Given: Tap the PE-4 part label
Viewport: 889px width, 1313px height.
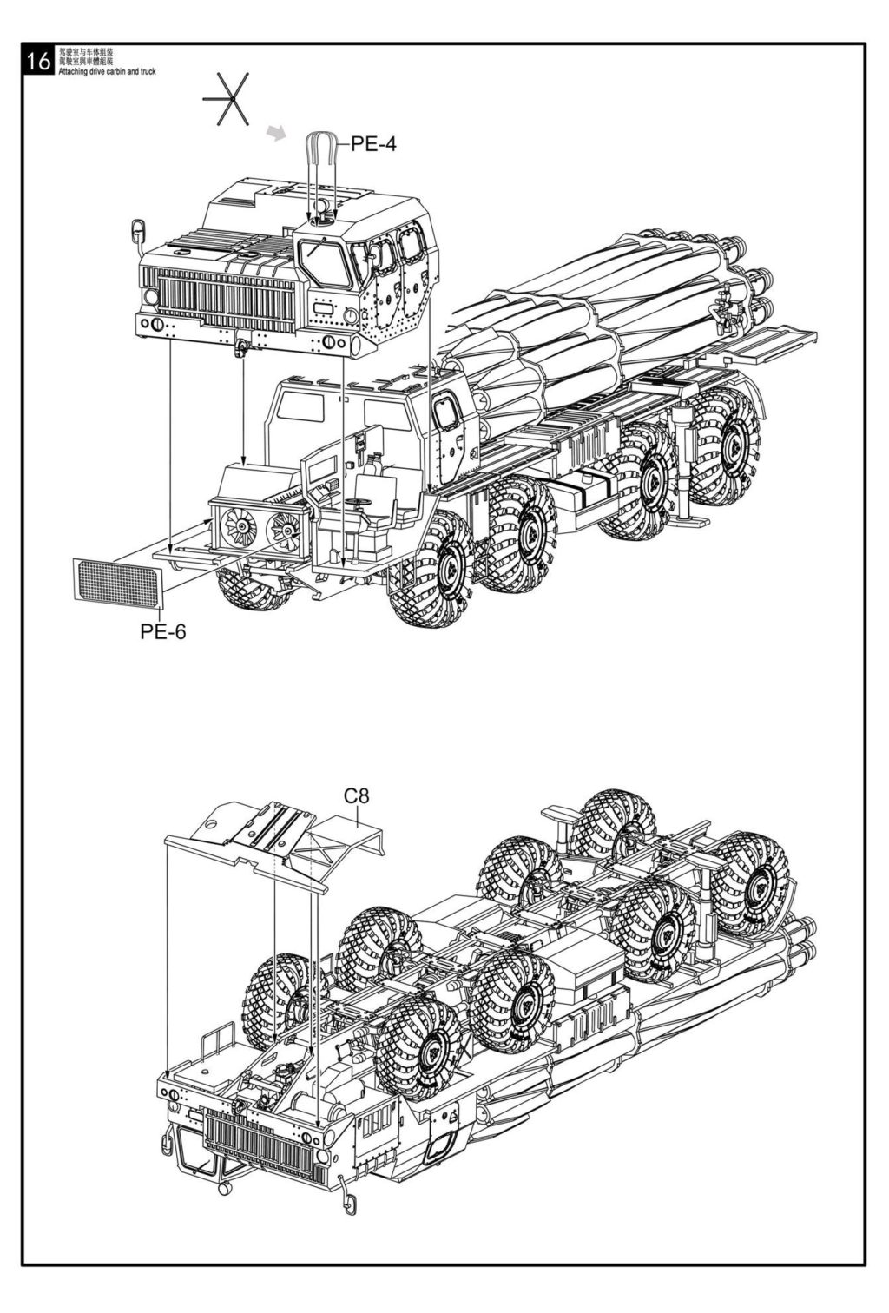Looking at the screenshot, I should tap(373, 144).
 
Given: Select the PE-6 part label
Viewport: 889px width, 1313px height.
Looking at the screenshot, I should tap(163, 631).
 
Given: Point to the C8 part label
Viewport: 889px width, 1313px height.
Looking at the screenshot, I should tap(356, 795).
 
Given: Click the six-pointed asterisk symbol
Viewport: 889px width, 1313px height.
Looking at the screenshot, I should tap(227, 98).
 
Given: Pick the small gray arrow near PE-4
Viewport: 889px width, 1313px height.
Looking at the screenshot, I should tap(276, 132).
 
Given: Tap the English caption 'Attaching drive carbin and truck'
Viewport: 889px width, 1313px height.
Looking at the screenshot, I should tap(107, 72).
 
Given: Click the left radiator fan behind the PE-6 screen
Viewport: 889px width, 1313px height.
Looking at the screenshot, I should tap(235, 524).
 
